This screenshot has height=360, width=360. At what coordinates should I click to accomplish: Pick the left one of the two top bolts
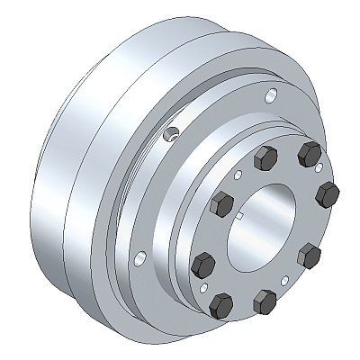266,160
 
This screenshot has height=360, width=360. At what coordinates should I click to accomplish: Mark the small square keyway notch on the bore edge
240,219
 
